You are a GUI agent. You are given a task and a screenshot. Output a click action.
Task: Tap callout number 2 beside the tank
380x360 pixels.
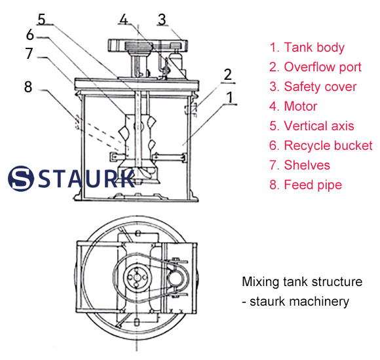(227, 74)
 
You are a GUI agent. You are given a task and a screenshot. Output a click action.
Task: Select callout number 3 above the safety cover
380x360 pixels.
(161, 19)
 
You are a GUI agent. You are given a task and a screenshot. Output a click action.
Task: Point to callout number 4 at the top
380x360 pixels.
(123, 19)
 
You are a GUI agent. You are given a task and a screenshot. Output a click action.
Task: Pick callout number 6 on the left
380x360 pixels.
(29, 35)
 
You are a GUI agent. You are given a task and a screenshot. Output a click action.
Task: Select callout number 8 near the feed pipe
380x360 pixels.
(28, 86)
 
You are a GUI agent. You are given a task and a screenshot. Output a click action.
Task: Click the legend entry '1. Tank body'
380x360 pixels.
(307, 47)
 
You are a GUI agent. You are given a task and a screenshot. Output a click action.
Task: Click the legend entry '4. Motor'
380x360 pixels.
(294, 106)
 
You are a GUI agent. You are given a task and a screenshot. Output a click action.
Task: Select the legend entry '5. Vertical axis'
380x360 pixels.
(312, 126)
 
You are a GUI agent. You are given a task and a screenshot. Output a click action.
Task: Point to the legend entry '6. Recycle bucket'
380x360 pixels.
(320, 145)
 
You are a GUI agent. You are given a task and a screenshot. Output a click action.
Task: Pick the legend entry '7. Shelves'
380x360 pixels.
(300, 165)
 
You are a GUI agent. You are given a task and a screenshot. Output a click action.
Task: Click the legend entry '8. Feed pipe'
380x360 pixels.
(305, 185)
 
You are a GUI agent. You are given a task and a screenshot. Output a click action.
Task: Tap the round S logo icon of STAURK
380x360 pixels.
(22, 177)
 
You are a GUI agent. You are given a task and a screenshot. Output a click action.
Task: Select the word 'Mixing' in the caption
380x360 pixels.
(260, 282)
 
